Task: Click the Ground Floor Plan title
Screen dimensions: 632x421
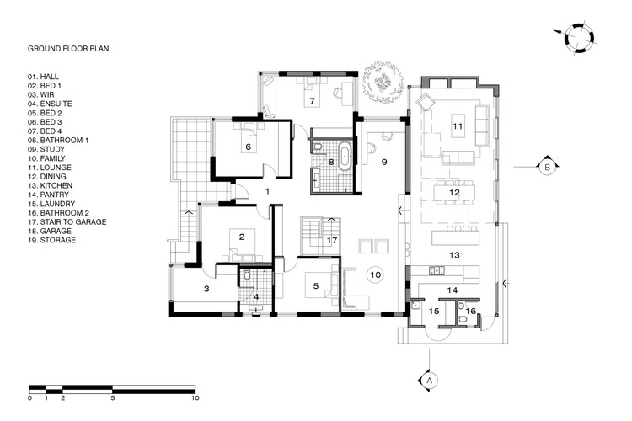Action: click(x=68, y=49)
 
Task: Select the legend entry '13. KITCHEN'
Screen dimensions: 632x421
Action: click(x=50, y=186)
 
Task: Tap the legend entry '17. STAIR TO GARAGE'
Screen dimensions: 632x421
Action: click(x=67, y=222)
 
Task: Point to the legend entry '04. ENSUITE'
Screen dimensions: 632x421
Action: click(x=50, y=104)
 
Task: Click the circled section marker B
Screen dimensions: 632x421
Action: click(x=548, y=167)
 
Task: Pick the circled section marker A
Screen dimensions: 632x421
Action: click(x=429, y=381)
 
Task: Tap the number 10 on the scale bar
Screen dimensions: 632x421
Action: click(x=195, y=398)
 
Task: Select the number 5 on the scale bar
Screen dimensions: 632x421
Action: click(x=112, y=398)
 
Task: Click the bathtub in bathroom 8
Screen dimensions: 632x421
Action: click(x=345, y=156)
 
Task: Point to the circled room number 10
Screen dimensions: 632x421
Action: click(x=375, y=274)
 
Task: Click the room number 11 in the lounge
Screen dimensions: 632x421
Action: click(x=458, y=126)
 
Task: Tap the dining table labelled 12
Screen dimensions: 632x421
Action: click(x=455, y=193)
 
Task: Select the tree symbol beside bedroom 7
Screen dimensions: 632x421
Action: click(x=383, y=83)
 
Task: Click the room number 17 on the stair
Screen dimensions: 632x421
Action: click(x=332, y=241)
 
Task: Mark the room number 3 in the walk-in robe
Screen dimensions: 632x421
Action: click(x=206, y=289)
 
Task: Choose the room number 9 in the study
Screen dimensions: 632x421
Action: click(x=384, y=162)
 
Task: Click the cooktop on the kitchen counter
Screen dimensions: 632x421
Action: click(x=437, y=271)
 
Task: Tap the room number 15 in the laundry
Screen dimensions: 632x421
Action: click(x=434, y=311)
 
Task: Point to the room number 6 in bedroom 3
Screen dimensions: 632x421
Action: click(x=249, y=147)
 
